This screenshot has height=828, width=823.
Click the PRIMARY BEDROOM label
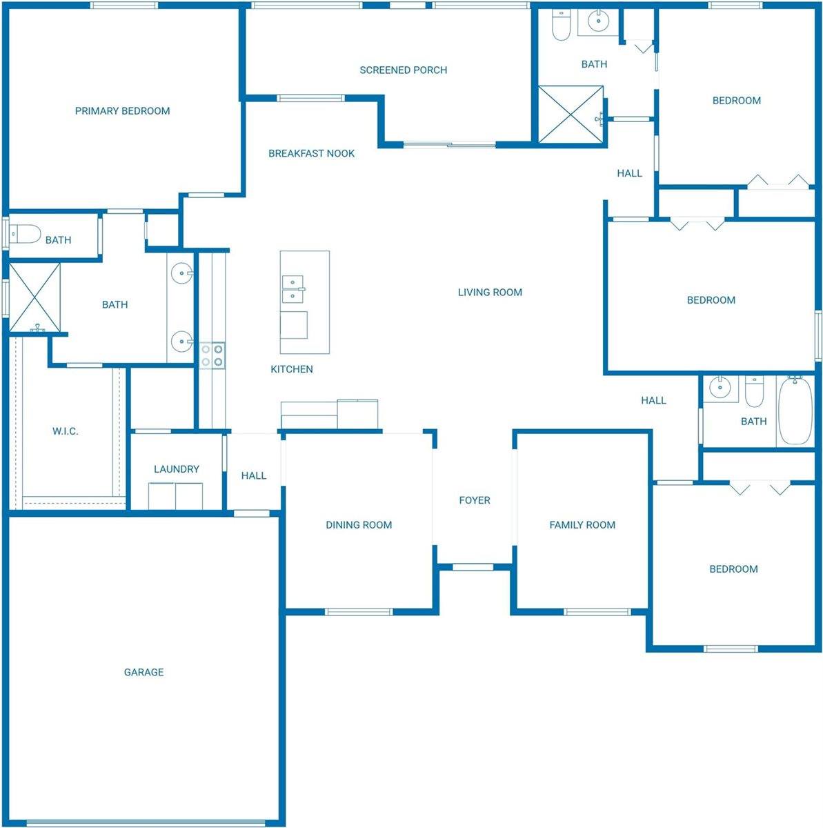pos(122,111)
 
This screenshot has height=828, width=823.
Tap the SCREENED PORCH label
pos(403,70)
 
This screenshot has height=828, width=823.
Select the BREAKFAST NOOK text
pos(311,154)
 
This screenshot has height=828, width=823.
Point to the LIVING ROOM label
pos(490,293)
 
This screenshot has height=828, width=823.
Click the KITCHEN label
pos(291,370)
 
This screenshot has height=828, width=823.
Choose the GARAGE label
pos(143,672)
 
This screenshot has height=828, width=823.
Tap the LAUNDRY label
pos(176,469)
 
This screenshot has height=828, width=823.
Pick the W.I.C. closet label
pos(65,432)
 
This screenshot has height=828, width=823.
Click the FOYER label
pos(475,500)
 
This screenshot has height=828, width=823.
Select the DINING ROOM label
pos(359,525)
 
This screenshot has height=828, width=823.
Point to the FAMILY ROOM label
pos(582,525)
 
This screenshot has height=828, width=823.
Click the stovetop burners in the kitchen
pos(212,355)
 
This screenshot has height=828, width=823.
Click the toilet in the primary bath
pos(24,235)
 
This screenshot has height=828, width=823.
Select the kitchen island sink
pos(292,288)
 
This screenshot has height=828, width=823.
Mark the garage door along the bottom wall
pos(145,822)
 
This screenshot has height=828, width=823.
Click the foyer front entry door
pos(473,567)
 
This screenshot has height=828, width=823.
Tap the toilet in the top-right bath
pos(561,26)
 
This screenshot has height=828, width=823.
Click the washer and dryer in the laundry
pos(176,496)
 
